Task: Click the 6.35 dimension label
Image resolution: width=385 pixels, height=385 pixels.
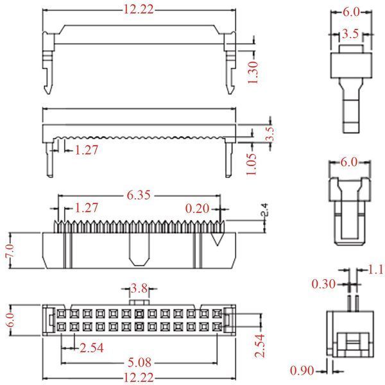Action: (139, 195)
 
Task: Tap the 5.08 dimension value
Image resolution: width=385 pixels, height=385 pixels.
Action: (139, 363)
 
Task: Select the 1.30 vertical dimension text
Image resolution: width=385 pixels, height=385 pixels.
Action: (253, 73)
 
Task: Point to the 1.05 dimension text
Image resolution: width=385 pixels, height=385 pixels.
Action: (251, 164)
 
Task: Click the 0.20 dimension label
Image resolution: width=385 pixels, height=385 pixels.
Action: (197, 209)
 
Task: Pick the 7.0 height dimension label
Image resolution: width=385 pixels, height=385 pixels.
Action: (10, 251)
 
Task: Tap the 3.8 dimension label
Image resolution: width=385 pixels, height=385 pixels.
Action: (139, 288)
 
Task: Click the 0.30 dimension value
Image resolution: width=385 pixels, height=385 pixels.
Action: (323, 284)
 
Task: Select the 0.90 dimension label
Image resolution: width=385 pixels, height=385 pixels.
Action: (302, 370)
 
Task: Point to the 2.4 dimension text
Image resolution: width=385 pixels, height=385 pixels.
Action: (264, 209)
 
